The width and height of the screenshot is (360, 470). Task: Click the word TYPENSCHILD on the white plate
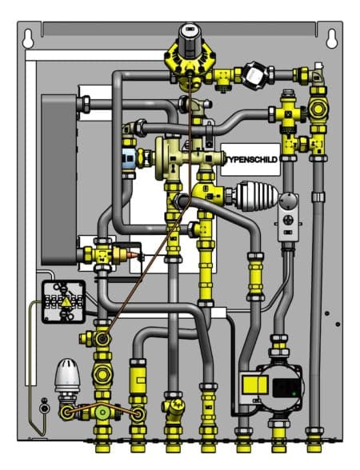point(252,160)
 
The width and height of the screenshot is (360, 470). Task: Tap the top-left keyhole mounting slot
point(28,38)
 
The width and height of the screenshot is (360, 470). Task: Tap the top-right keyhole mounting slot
point(332,38)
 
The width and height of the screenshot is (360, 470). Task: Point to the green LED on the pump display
point(294,393)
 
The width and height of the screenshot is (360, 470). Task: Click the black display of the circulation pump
point(286,388)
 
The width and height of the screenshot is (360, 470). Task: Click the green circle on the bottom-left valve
point(102,412)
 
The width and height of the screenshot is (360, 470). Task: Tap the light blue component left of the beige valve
point(130,158)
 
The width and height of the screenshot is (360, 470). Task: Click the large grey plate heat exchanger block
point(59,180)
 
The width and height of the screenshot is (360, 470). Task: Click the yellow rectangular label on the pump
point(254,385)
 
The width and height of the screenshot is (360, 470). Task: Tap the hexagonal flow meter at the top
point(255,75)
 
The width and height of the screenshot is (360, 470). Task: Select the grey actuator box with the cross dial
point(288,217)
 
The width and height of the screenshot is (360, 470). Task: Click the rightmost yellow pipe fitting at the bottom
point(314,440)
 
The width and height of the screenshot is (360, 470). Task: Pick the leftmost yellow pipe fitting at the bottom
point(102,440)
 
